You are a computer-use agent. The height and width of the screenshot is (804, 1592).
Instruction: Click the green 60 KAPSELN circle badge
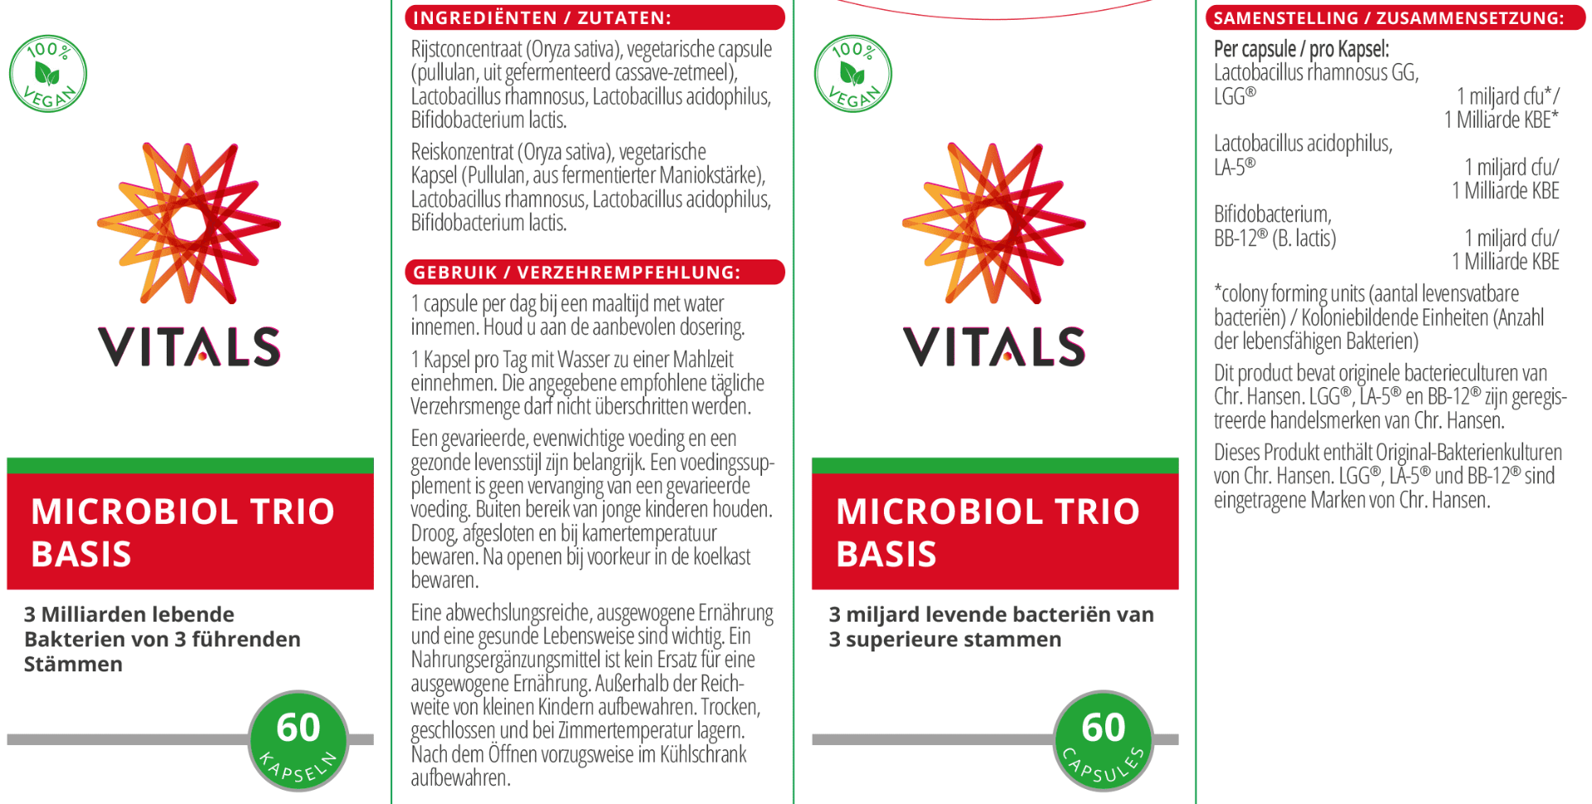[298, 740]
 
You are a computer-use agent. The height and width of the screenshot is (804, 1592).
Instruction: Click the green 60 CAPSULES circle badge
[1103, 740]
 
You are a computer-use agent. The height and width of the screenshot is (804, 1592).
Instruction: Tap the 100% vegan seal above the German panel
[48, 74]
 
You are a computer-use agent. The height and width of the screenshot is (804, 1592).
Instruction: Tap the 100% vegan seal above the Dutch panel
[852, 74]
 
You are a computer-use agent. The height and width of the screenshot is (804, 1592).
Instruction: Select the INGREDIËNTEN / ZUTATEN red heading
[595, 17]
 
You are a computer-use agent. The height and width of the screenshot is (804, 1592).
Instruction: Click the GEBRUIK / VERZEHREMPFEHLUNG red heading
[595, 272]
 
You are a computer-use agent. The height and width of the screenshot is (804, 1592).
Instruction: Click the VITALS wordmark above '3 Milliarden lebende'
[189, 346]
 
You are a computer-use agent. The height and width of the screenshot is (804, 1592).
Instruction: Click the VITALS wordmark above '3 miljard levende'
[993, 346]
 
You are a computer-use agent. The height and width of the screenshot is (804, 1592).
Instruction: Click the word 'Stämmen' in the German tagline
[73, 665]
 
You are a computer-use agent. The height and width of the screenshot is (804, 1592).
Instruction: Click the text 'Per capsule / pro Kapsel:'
[1301, 49]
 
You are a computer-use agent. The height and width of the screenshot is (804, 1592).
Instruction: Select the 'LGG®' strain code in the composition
[1235, 96]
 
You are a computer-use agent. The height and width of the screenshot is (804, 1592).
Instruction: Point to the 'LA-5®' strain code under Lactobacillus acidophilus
[1235, 167]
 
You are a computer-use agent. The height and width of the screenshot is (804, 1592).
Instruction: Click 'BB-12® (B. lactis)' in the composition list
[1275, 239]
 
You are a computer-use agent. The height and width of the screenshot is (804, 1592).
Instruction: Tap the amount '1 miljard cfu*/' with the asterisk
[1507, 96]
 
